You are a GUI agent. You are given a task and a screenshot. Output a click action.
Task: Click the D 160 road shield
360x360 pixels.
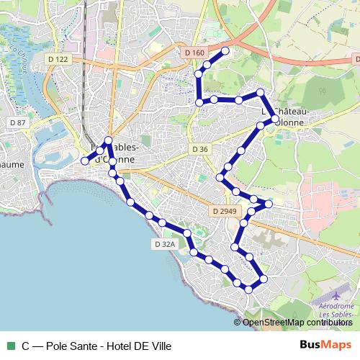194,53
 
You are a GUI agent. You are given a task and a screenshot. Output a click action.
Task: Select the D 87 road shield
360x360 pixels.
18,122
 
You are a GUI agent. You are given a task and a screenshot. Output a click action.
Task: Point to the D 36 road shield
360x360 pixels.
200,149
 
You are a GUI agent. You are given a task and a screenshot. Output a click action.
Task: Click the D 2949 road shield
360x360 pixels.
225,211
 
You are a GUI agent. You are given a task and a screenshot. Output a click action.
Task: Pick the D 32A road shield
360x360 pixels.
164,244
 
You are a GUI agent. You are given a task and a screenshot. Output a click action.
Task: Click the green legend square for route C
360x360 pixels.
9,346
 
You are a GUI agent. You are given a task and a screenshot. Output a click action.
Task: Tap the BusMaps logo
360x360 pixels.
325,345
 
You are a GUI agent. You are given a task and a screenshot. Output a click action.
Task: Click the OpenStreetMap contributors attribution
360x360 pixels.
297,323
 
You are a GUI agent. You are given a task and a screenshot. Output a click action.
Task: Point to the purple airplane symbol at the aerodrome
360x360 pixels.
337,295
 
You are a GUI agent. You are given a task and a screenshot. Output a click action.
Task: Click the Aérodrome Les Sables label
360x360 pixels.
336,310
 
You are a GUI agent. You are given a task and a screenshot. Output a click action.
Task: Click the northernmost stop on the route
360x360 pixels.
225,50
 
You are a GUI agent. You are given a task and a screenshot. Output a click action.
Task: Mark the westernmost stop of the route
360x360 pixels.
85,161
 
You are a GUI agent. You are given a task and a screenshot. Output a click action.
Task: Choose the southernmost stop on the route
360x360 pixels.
248,289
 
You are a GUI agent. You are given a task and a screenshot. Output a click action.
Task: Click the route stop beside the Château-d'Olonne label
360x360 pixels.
274,120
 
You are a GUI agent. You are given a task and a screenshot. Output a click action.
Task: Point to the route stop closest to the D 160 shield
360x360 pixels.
207,65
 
